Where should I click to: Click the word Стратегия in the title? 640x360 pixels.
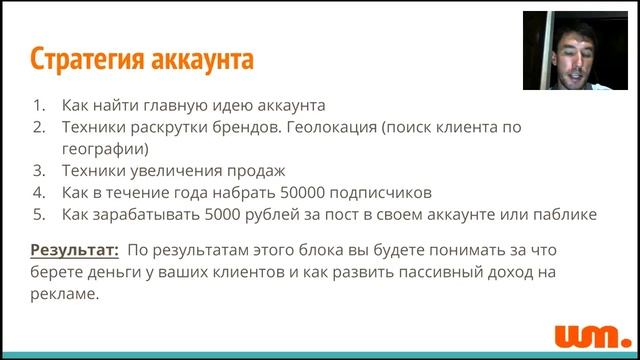(89, 59)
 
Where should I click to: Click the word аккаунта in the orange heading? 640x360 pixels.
(204, 59)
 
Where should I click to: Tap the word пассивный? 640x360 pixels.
(414, 272)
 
